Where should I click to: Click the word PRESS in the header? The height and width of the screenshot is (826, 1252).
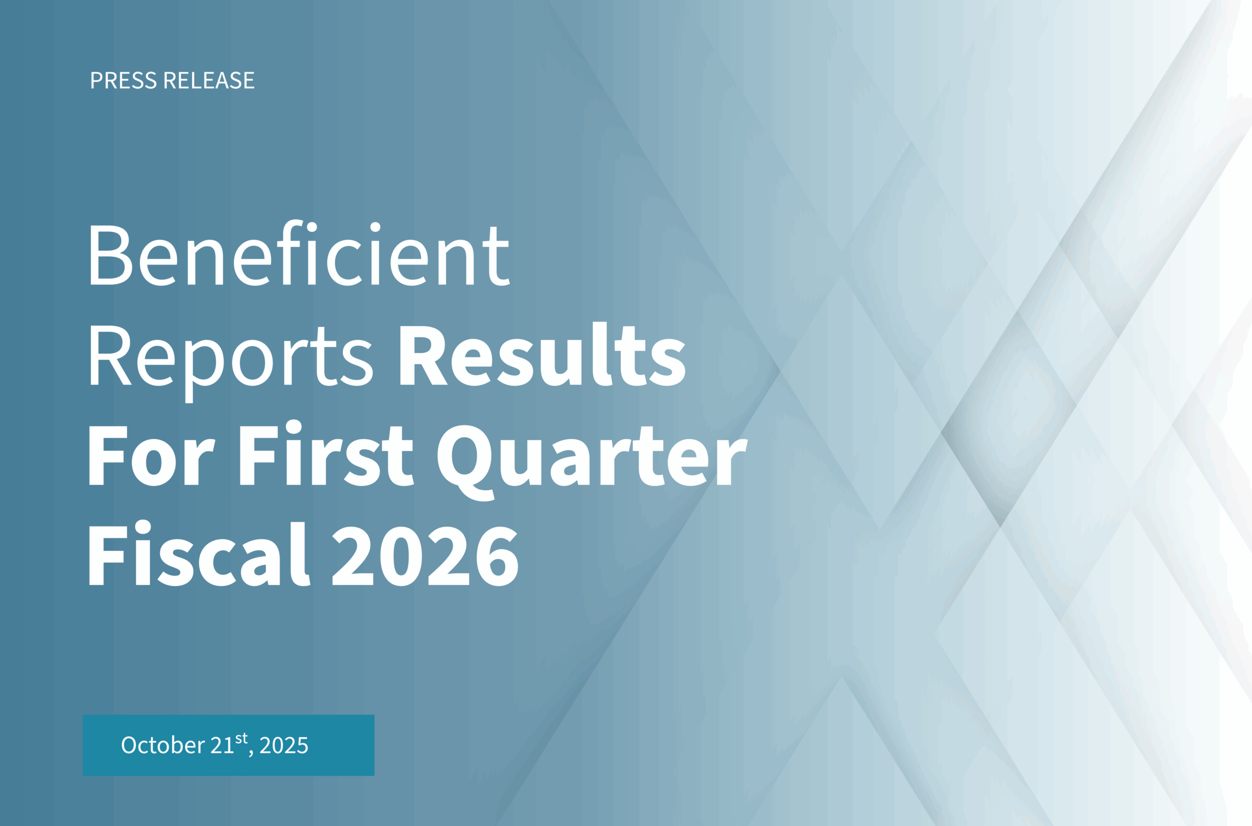click(124, 81)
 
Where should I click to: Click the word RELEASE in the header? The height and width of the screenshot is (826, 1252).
click(209, 81)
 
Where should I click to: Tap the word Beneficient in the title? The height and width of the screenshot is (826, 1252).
click(299, 253)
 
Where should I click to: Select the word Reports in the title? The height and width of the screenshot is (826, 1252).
click(231, 364)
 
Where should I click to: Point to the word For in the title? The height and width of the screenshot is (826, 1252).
click(152, 454)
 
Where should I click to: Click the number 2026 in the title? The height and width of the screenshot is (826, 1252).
click(425, 556)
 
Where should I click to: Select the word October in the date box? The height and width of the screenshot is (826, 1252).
click(163, 745)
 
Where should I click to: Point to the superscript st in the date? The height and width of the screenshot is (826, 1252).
click(242, 739)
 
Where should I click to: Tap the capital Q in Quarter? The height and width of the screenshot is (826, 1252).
click(465, 462)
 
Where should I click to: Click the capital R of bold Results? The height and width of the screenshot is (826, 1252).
click(424, 355)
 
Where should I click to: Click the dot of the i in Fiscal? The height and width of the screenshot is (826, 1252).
click(143, 527)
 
